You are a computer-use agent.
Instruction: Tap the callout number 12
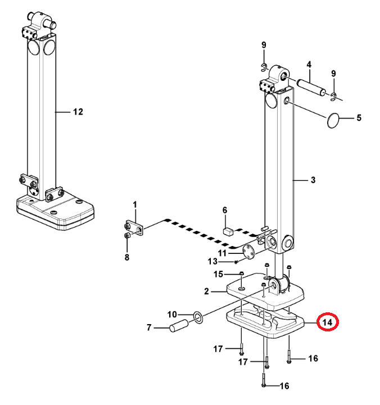click(x=78, y=112)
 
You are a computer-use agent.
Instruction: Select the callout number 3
click(x=313, y=180)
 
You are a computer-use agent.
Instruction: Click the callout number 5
click(x=359, y=119)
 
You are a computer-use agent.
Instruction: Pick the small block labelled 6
click(x=228, y=230)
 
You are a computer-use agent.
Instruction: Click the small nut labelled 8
click(x=127, y=237)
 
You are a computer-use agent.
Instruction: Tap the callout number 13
click(x=212, y=261)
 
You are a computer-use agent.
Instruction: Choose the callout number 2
click(x=207, y=292)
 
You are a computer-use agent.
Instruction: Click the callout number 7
click(x=150, y=327)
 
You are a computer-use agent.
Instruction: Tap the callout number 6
click(x=225, y=210)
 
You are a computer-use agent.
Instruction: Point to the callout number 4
click(x=309, y=65)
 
